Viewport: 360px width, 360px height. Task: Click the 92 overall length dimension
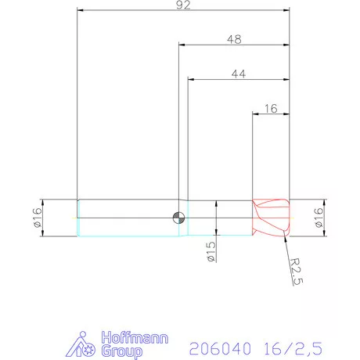[183, 5]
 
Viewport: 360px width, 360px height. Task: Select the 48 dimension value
[232, 38]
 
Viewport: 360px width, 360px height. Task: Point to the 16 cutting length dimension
[272, 109]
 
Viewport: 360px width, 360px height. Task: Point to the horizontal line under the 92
[183, 11]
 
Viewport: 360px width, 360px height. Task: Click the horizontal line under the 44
[239, 79]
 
